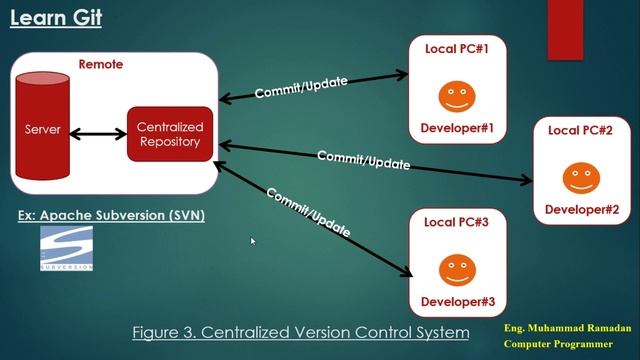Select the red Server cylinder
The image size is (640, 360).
tap(42, 128)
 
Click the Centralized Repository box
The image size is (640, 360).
tap(169, 134)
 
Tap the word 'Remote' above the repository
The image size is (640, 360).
tap(100, 65)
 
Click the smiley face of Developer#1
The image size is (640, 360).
tap(457, 97)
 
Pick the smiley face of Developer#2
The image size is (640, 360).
tap(581, 178)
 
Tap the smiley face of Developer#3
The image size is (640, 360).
tap(457, 268)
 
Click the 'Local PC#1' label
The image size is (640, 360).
tap(457, 48)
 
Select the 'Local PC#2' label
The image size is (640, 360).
tap(581, 131)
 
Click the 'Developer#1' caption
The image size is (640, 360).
tap(457, 128)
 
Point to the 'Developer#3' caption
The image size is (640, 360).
tap(457, 301)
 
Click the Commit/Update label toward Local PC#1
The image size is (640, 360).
tap(301, 88)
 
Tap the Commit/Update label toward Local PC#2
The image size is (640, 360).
tap(363, 159)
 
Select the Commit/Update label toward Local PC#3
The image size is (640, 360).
tap(308, 211)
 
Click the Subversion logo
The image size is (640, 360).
tap(67, 249)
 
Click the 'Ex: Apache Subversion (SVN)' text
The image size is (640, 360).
tap(111, 215)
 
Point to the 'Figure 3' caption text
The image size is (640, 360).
tap(301, 332)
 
